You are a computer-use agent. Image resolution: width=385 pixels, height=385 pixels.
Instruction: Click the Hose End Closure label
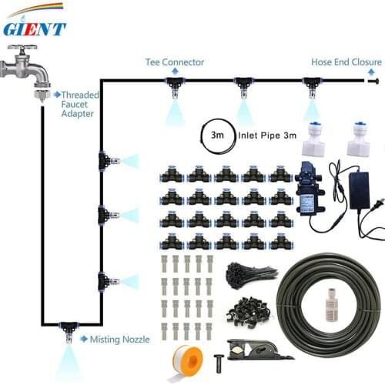pyautogui.click(x=346, y=62)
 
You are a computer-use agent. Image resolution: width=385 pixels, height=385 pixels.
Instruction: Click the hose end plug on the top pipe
pyautogui.click(x=375, y=79)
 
